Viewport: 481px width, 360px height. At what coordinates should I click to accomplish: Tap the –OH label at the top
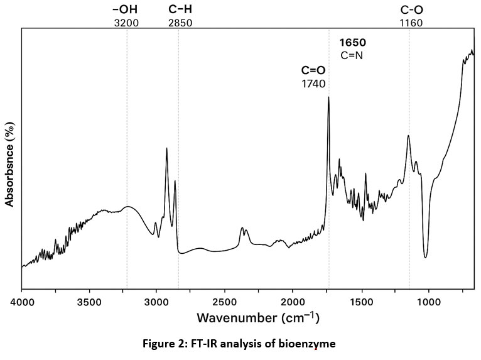pyautogui.click(x=125, y=10)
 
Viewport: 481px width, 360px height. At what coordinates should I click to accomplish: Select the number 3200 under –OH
pyautogui.click(x=126, y=24)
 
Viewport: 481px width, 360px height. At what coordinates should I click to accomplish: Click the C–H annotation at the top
pyautogui.click(x=180, y=10)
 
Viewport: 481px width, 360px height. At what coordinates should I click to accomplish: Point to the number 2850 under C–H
pyautogui.click(x=180, y=24)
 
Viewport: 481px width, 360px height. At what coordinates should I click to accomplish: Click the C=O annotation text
pyautogui.click(x=313, y=70)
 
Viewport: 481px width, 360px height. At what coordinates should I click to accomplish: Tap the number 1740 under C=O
pyautogui.click(x=314, y=83)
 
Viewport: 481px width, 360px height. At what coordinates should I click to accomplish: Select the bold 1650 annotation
pyautogui.click(x=352, y=43)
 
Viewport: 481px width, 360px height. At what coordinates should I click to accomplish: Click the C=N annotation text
pyautogui.click(x=352, y=55)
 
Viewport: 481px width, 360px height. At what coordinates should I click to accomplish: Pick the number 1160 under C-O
pyautogui.click(x=411, y=24)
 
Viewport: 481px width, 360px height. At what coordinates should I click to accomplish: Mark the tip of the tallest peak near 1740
pyautogui.click(x=328, y=97)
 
